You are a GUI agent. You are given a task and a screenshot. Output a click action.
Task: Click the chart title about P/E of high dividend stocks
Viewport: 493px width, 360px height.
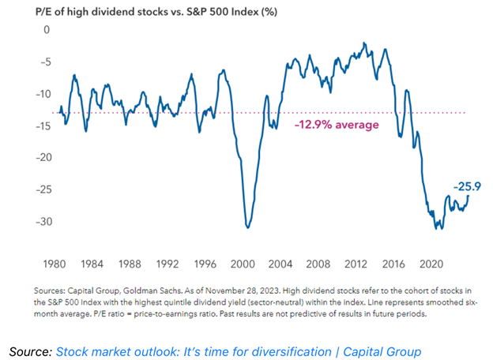coord(149,11)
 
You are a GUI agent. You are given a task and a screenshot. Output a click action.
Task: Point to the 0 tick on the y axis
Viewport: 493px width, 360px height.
coord(47,30)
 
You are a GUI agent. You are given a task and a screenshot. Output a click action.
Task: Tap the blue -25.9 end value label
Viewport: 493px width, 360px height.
coord(468,186)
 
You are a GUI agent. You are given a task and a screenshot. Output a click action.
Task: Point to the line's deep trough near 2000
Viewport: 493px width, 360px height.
coord(248,227)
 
